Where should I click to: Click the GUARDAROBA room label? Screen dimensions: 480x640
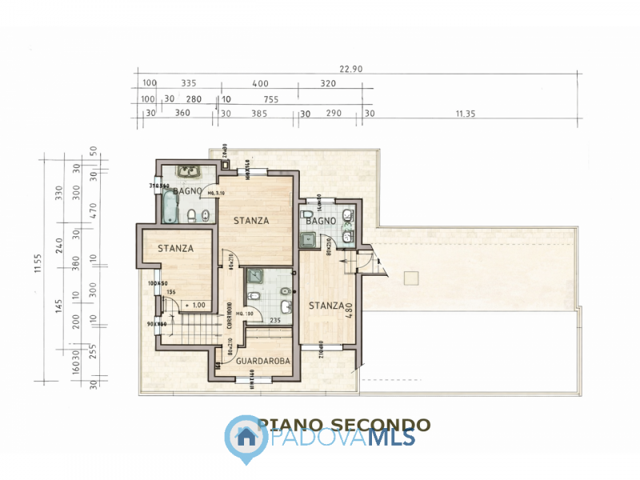[262, 362]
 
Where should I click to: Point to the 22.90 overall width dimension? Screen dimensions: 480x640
[350, 70]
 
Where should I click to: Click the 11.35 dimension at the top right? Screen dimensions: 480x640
[466, 114]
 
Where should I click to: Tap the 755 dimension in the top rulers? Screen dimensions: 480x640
[270, 99]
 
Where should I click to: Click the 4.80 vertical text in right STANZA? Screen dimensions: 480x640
[349, 308]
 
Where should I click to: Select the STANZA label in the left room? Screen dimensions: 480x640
[175, 248]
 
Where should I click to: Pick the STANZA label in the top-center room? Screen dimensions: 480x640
[250, 220]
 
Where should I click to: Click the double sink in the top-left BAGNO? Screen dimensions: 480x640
[190, 170]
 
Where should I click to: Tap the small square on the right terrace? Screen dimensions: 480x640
[412, 278]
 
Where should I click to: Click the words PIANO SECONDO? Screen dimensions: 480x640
[344, 425]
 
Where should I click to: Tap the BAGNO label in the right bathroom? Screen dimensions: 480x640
[320, 220]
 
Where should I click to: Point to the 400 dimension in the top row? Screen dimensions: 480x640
[260, 83]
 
